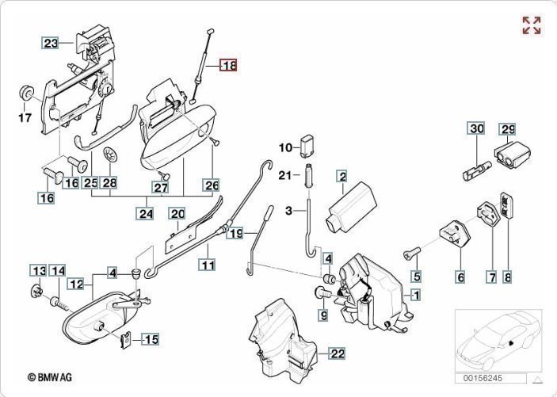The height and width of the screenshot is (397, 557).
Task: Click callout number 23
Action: point(51,44)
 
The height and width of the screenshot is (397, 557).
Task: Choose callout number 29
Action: point(506,129)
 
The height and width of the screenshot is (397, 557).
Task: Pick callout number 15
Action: point(150,340)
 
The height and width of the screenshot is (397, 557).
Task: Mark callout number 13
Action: point(38,271)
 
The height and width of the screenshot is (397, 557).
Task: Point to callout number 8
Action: point(507,277)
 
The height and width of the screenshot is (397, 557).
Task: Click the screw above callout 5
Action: point(410,254)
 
